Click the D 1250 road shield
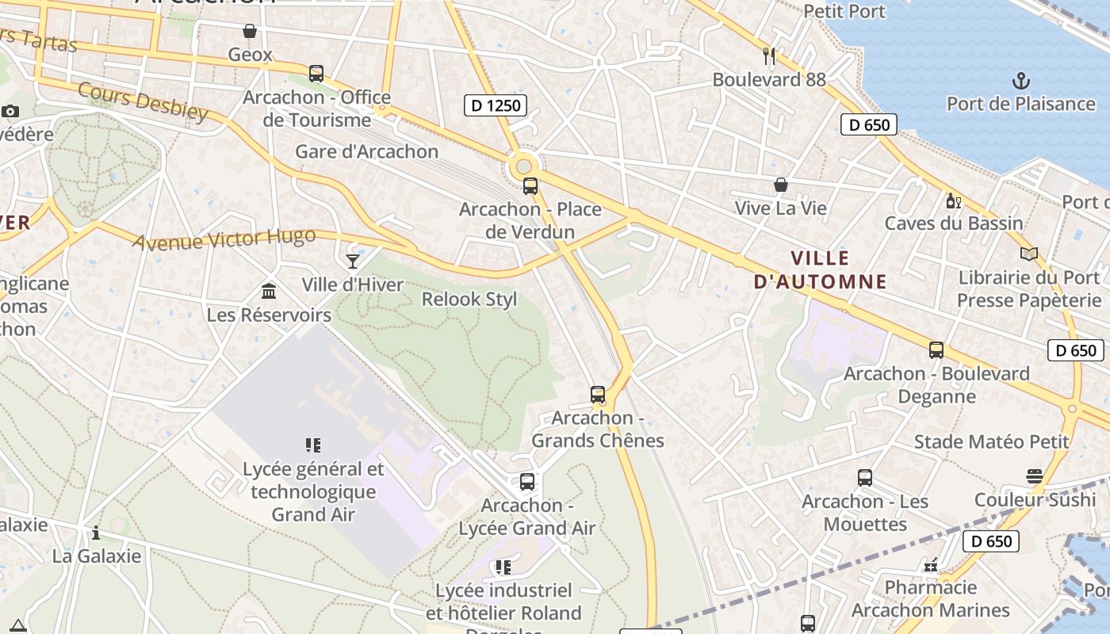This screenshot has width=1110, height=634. point(496,105)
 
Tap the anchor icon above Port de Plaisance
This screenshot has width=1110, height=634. point(1021,80)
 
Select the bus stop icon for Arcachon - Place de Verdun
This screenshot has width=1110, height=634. point(530,187)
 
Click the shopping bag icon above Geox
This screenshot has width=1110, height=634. point(250,31)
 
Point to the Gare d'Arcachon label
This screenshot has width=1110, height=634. point(366,151)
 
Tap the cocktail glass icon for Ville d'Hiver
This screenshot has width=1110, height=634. point(353,261)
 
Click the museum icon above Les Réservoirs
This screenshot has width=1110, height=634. point(269,291)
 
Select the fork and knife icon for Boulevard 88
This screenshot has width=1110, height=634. point(768,55)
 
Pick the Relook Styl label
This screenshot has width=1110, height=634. point(469,299)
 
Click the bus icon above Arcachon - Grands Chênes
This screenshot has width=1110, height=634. point(598,394)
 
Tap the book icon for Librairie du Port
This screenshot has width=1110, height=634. point(1029,254)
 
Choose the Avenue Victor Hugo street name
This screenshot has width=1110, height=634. point(224,239)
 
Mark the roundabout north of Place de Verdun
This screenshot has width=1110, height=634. point(523,167)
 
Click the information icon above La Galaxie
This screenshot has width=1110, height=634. point(96,533)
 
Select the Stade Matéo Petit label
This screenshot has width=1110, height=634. point(991,441)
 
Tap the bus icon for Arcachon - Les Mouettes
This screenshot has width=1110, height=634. point(865,478)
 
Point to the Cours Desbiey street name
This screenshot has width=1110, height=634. point(143,103)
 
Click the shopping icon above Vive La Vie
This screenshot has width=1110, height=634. point(781,185)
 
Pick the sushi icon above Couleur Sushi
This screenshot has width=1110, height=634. point(1034,476)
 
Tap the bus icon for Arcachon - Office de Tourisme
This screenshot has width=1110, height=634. point(316,74)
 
